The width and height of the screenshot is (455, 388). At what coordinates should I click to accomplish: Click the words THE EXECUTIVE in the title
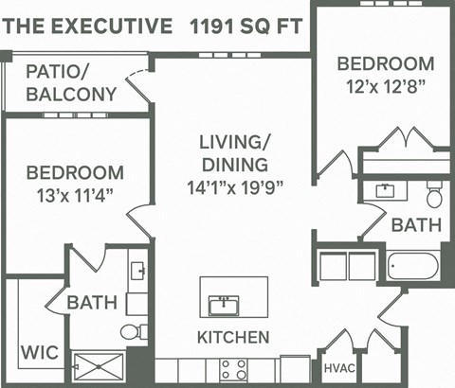[86, 25]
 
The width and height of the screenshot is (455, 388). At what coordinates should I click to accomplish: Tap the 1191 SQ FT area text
[245, 25]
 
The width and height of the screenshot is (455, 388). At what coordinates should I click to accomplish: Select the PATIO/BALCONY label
[71, 82]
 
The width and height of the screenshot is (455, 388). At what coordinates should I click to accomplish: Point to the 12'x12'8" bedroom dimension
[385, 87]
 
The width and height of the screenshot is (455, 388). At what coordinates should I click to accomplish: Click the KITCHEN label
[232, 337]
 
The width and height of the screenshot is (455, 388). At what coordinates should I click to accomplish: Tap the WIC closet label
[39, 353]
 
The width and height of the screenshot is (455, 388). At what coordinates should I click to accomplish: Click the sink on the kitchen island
[224, 305]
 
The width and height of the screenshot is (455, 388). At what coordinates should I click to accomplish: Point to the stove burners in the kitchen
[233, 368]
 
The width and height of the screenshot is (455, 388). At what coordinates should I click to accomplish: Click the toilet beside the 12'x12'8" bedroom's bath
[434, 197]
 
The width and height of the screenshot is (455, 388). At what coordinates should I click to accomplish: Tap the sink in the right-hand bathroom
[385, 191]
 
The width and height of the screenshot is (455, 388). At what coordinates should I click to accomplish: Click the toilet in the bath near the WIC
[134, 331]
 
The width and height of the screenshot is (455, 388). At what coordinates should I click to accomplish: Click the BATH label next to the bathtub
[416, 225]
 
